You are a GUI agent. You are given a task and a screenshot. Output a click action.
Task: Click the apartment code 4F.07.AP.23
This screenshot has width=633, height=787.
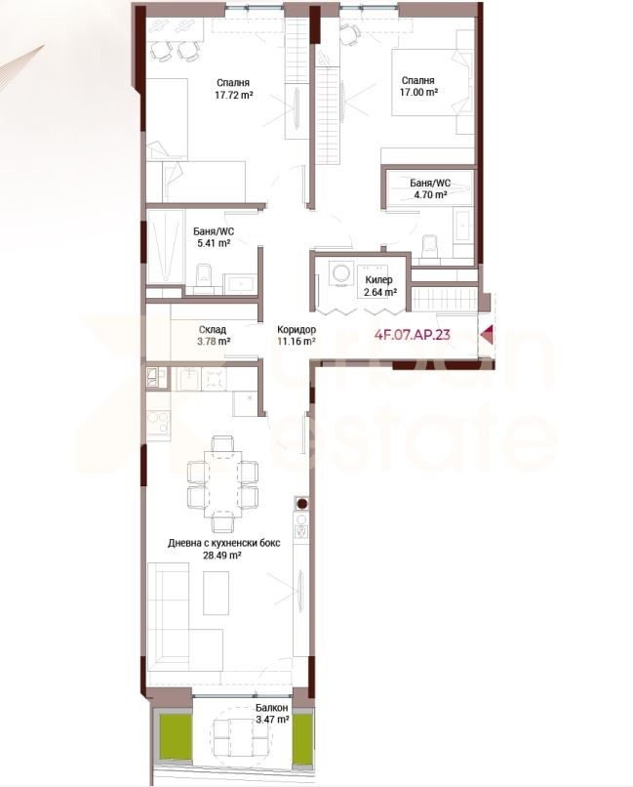[x=412, y=335]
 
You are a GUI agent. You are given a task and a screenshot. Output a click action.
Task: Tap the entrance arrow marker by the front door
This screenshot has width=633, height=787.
[x=487, y=335]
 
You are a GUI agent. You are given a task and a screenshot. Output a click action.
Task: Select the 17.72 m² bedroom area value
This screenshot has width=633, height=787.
[x=233, y=95]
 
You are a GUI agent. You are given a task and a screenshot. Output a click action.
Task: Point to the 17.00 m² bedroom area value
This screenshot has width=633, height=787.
[x=419, y=93]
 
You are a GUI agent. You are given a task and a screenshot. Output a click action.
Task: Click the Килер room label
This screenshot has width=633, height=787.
[x=378, y=280]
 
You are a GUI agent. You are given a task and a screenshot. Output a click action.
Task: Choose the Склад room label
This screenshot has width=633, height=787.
[x=213, y=330]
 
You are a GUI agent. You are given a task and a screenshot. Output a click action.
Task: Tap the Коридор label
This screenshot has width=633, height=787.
[x=297, y=330]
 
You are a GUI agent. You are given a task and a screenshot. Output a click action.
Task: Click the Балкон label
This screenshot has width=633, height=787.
[x=272, y=708]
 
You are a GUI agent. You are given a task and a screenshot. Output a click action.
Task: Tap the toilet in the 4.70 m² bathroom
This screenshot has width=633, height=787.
[x=430, y=247]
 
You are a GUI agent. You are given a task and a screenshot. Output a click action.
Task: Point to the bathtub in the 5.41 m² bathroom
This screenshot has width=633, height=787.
[x=165, y=246]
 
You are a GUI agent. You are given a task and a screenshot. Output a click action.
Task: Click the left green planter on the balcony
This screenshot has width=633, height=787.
[x=176, y=737]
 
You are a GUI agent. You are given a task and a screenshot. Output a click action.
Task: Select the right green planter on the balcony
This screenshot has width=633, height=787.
[x=302, y=737]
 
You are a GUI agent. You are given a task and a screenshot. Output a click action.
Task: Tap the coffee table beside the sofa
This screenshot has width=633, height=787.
[x=216, y=594]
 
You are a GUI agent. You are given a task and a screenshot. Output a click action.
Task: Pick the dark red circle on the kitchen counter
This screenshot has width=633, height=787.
[x=301, y=504]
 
